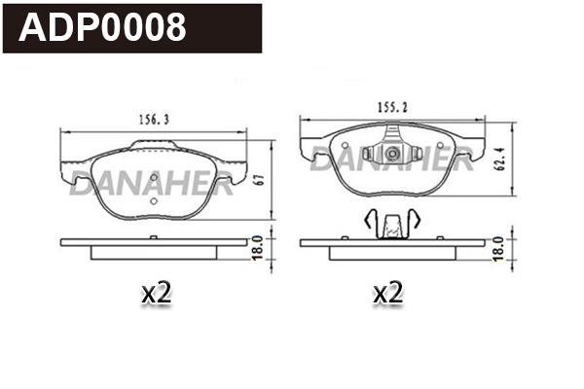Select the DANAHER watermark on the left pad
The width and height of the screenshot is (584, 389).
(151, 183)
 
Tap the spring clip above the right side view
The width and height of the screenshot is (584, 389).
(389, 225)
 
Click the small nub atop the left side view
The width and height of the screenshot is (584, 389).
(152, 236)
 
